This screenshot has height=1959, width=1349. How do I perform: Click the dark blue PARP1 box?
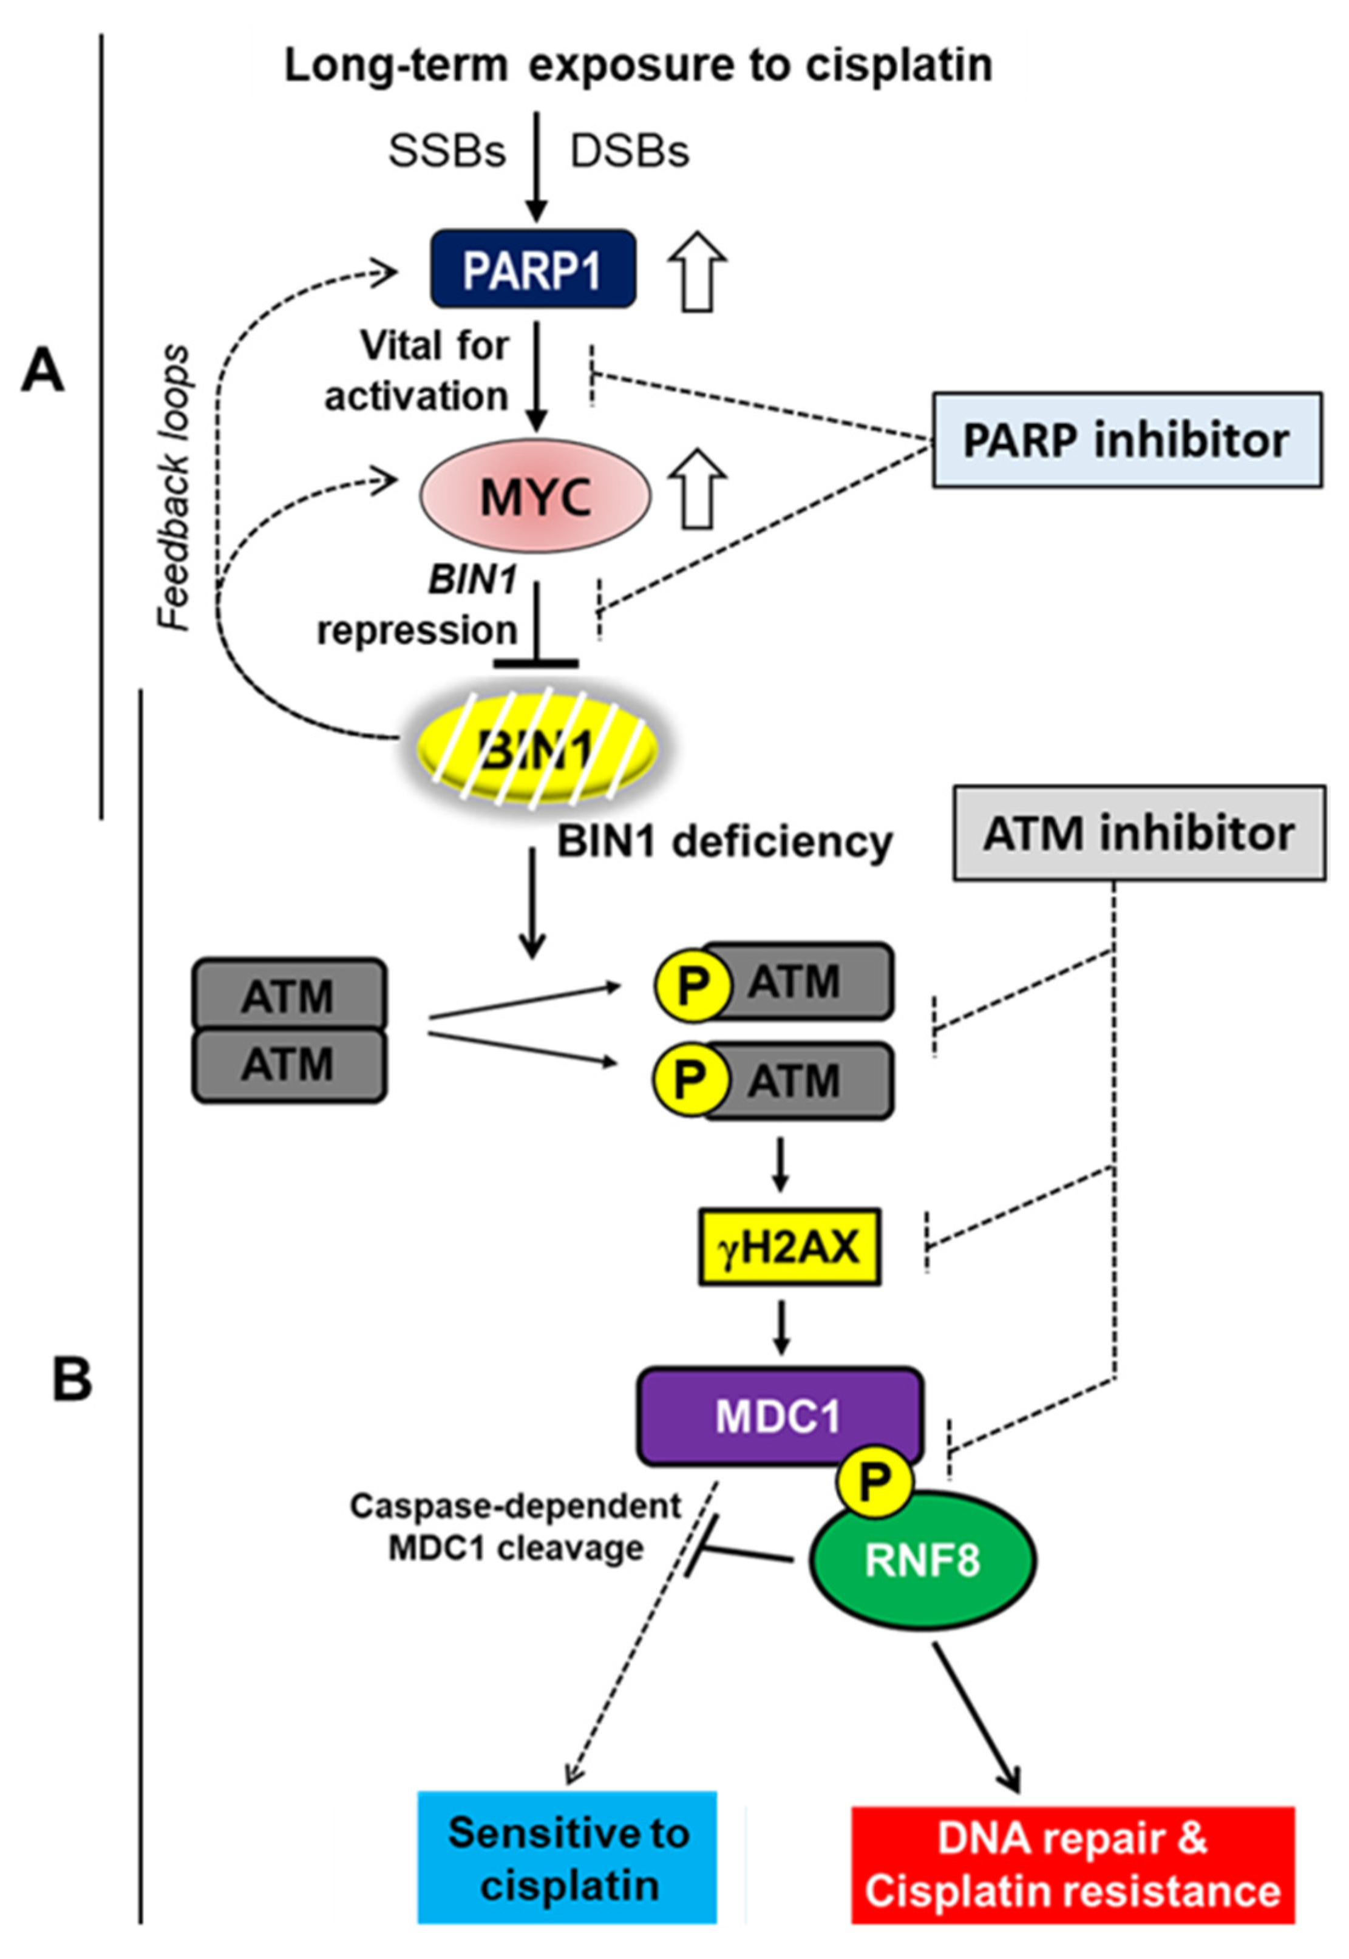click(x=532, y=269)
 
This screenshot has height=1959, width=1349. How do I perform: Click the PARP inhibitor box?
click(x=1127, y=440)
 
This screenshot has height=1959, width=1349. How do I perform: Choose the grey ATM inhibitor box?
click(x=1138, y=834)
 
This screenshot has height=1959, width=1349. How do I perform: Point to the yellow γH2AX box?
click(x=789, y=1248)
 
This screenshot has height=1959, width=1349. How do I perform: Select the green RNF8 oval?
click(x=923, y=1560)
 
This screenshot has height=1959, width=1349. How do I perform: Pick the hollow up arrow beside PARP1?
click(x=698, y=271)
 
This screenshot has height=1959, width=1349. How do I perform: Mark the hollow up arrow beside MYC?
click(x=698, y=489)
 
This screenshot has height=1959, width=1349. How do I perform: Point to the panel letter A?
click(x=42, y=372)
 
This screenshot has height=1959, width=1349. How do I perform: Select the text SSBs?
click(x=447, y=152)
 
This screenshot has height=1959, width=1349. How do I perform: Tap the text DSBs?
click(x=630, y=152)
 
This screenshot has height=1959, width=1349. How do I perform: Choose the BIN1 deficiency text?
click(x=724, y=842)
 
